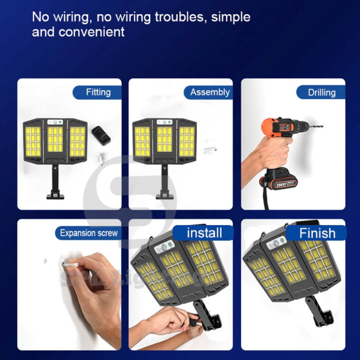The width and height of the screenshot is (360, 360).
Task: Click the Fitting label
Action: click(x=98, y=92)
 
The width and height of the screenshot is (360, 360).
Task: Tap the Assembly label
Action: click(x=209, y=92)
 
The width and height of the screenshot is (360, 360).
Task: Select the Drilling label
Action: click(x=321, y=92)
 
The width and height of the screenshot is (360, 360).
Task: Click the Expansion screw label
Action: click(x=88, y=232)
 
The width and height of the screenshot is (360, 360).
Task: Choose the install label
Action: click(x=204, y=232)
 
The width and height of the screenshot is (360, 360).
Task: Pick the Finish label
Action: click(x=317, y=232)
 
